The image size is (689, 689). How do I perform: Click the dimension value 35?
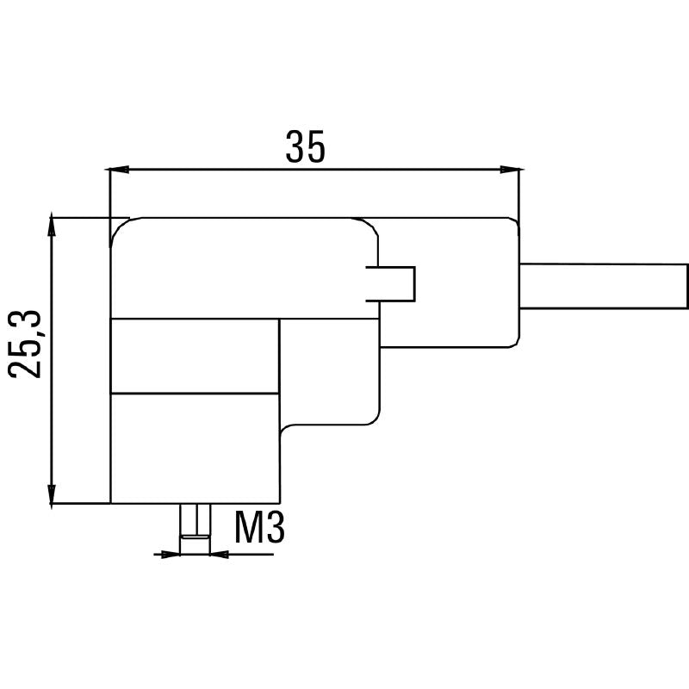(306, 146)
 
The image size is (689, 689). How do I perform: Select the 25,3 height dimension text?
(25, 344)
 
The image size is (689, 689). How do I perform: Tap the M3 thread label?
(259, 526)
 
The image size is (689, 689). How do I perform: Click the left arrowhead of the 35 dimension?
(118, 169)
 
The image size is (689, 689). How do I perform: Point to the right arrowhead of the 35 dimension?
(512, 169)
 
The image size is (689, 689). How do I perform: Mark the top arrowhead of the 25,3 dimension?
(52, 225)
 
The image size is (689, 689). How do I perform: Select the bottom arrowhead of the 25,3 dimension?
(52, 497)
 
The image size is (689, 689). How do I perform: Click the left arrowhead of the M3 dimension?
(171, 555)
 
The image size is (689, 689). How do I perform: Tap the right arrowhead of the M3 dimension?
(220, 555)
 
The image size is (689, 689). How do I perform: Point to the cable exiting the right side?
(604, 286)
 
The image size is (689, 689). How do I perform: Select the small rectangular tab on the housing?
(391, 284)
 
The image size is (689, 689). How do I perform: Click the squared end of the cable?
(686, 286)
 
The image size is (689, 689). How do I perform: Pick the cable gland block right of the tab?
(449, 282)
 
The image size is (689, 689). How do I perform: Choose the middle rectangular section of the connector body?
(195, 356)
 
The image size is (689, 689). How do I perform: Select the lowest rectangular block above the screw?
(195, 448)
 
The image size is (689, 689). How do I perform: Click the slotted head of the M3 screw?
(196, 537)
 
